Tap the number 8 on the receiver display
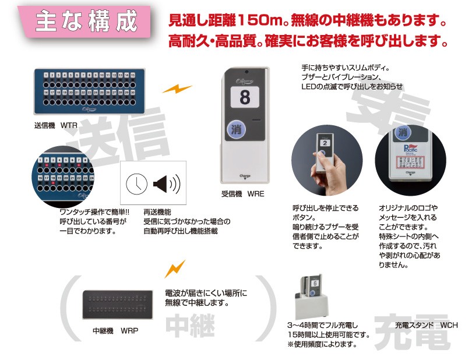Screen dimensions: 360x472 (244, 95)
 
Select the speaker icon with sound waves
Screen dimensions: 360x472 (165, 185)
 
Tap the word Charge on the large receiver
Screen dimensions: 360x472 (244, 174)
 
